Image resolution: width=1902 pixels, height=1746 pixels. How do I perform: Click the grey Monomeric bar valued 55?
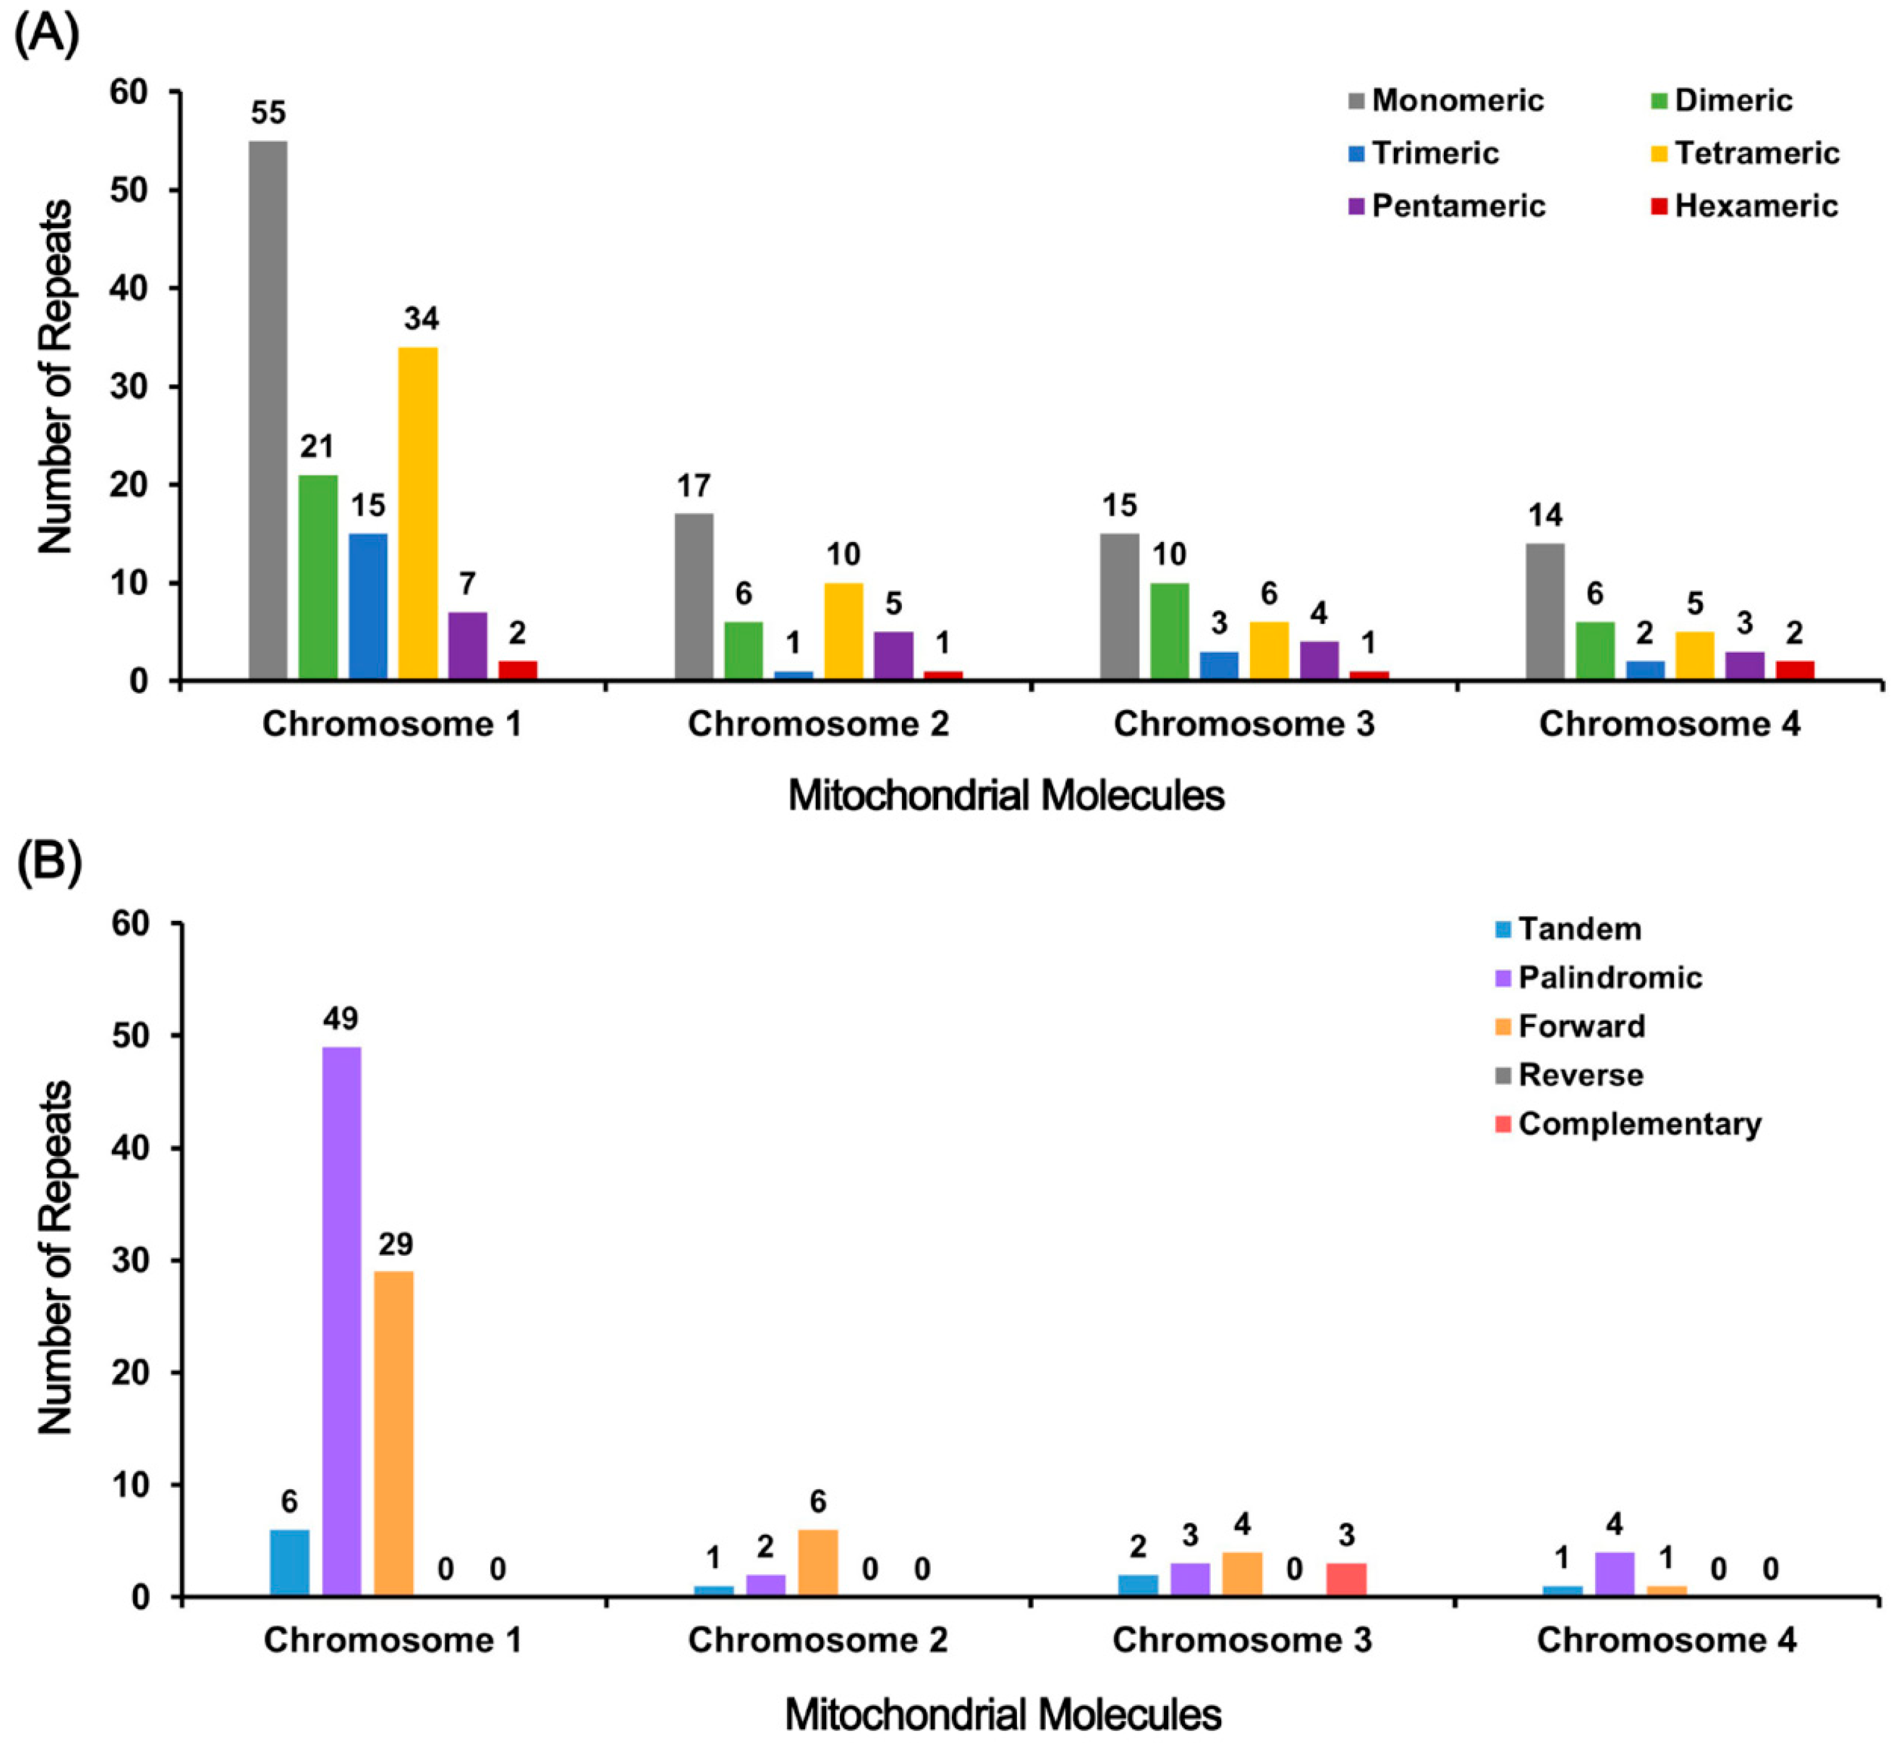pos(268,410)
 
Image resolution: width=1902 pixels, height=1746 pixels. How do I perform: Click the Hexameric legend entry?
pos(1743,206)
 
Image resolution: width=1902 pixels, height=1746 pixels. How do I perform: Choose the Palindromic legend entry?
pos(1598,977)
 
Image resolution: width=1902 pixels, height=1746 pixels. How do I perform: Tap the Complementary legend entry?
pos(1627,1125)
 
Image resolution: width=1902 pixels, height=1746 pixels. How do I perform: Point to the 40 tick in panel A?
pos(135,288)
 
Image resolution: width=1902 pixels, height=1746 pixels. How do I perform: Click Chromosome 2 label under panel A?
pos(818,725)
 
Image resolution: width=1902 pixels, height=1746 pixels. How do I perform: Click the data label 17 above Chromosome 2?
pos(694,486)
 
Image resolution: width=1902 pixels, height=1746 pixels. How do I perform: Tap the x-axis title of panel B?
pos(1003,1714)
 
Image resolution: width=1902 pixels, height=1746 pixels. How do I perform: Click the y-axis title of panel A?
pos(55,376)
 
